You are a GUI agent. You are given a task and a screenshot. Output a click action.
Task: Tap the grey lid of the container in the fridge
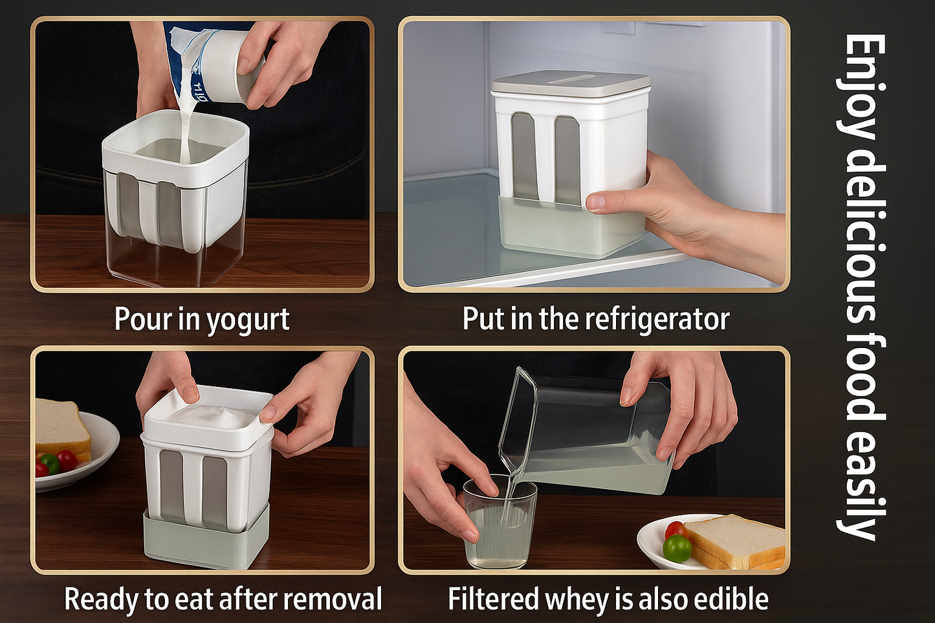coord(571,85)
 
